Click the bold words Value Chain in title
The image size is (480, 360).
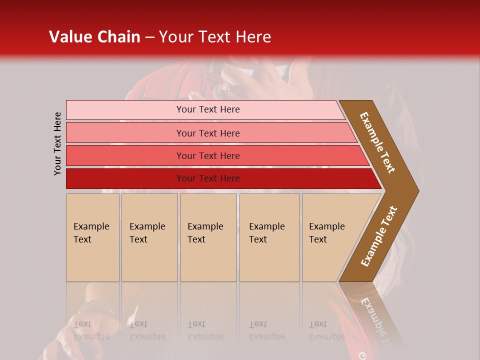click(x=94, y=37)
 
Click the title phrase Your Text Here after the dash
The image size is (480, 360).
click(x=215, y=37)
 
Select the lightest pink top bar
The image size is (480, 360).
click(x=125, y=110)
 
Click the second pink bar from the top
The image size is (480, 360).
click(x=125, y=133)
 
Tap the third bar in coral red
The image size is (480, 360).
click(x=125, y=155)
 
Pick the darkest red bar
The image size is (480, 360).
click(x=125, y=178)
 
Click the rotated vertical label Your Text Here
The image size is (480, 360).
click(x=58, y=143)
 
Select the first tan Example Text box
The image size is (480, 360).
click(x=92, y=237)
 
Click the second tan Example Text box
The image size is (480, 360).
click(x=149, y=237)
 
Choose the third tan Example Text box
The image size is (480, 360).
click(x=208, y=237)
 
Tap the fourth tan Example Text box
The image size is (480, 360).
click(x=269, y=237)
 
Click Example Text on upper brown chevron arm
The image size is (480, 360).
click(x=377, y=142)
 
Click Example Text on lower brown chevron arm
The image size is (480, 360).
click(x=379, y=236)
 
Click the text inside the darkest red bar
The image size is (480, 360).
click(x=208, y=178)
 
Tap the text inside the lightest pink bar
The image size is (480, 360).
click(x=208, y=109)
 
